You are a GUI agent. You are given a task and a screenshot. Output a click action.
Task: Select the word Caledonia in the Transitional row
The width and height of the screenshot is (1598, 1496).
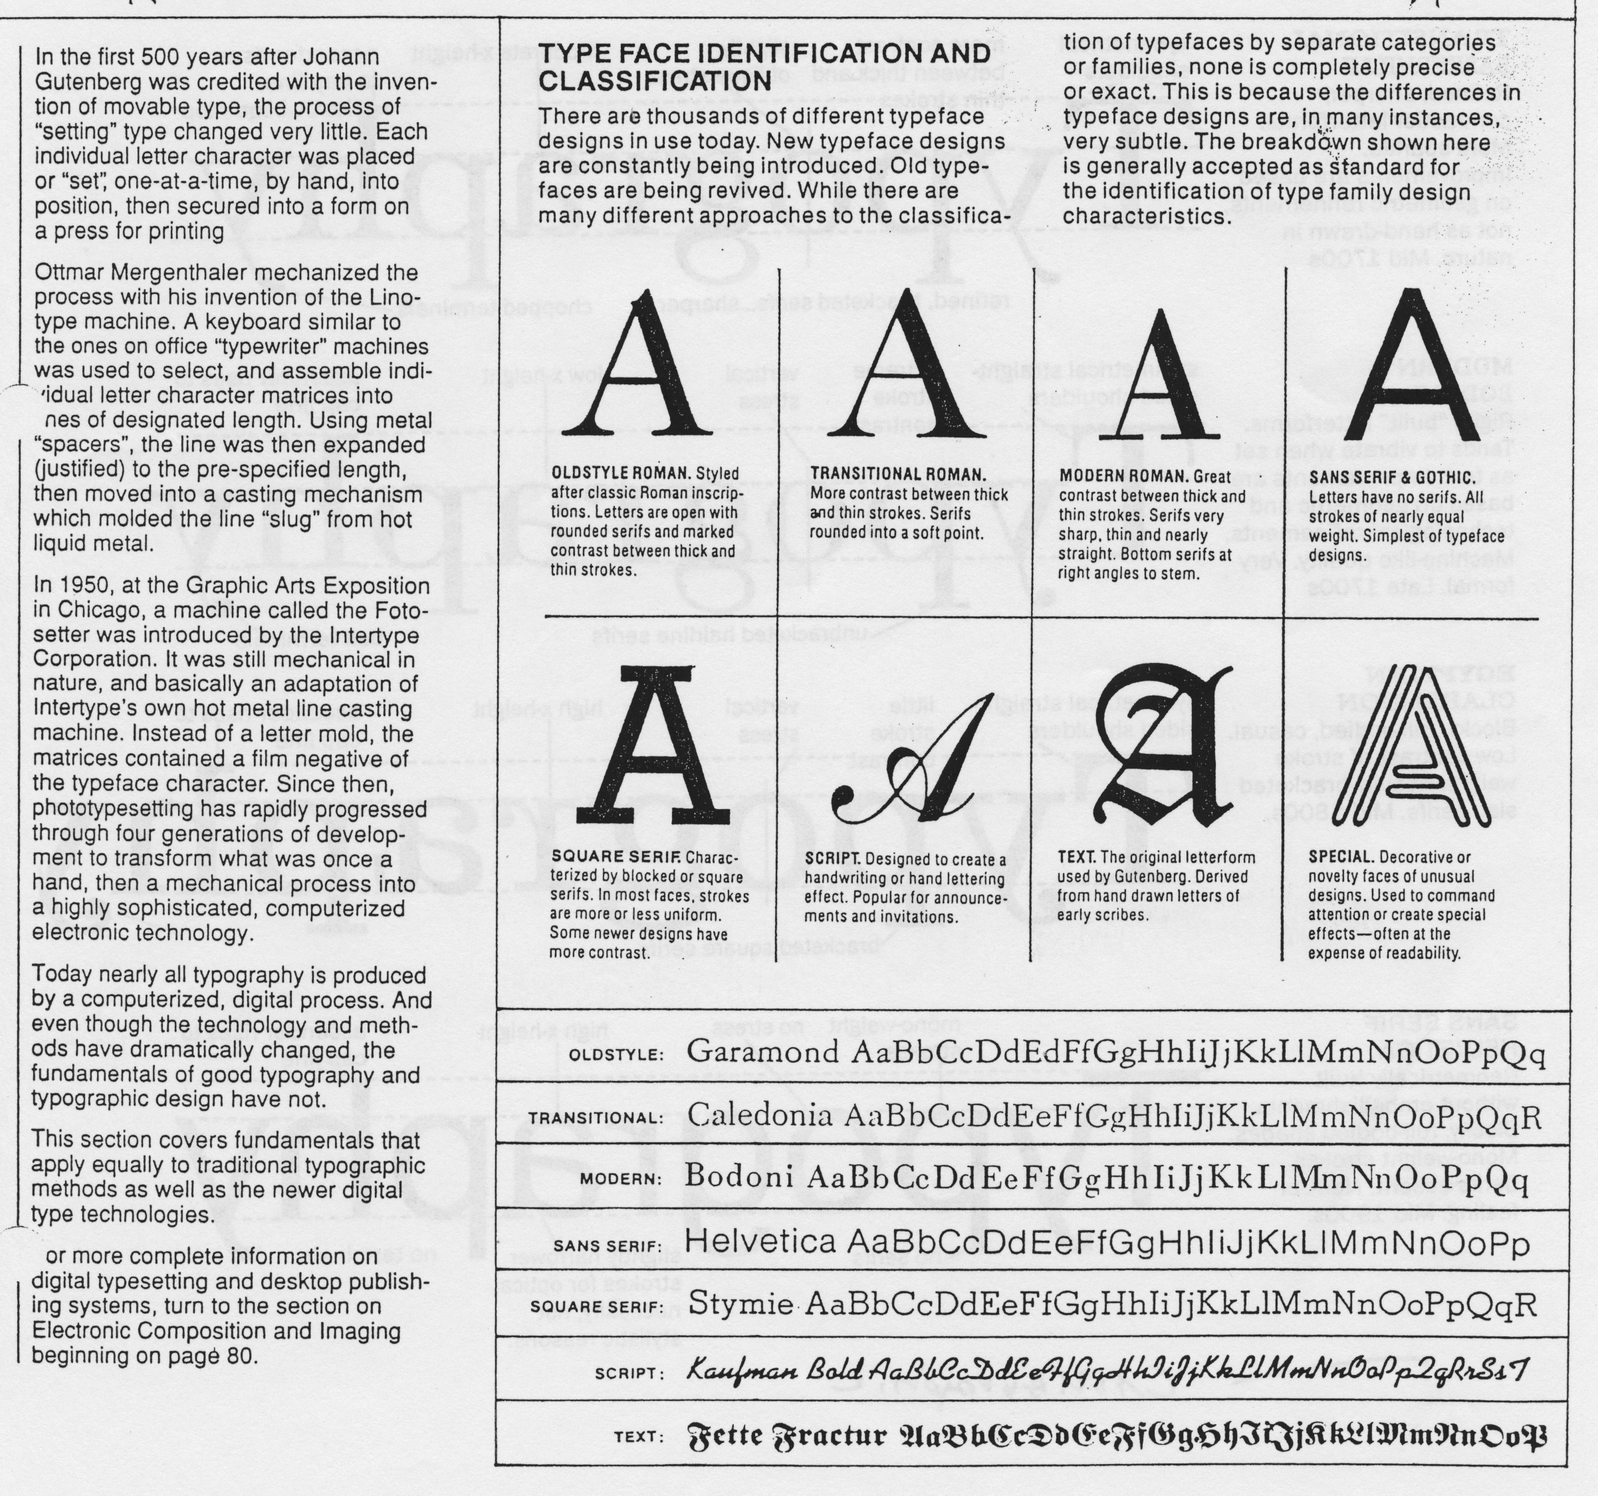[x=760, y=1116]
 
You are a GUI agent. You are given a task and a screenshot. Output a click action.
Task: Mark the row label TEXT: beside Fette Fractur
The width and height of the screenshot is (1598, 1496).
[x=638, y=1437]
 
